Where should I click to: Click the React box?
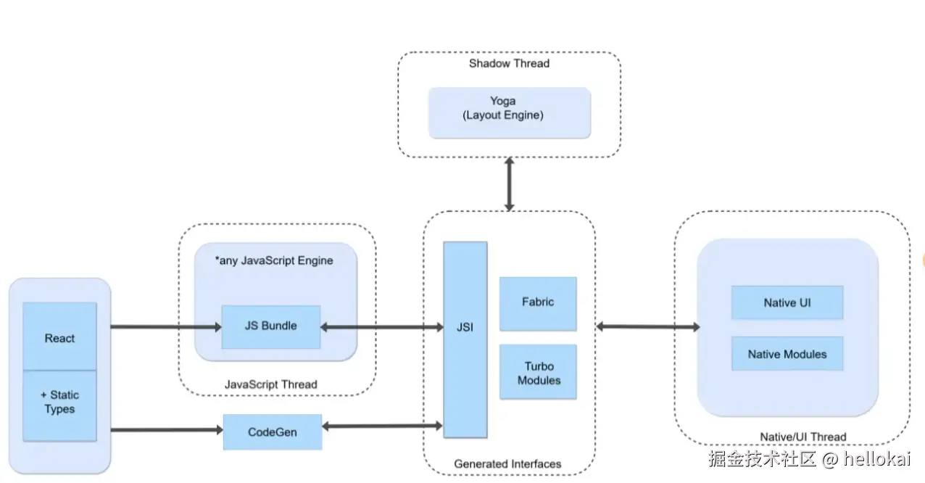point(59,337)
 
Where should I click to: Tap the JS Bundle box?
point(270,326)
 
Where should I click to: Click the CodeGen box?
point(272,432)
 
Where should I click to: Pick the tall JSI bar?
point(465,339)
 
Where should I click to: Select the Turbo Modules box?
point(538,372)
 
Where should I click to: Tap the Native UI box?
point(787,302)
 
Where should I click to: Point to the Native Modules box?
point(787,354)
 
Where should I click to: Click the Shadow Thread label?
point(509,63)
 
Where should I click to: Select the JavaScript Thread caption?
point(271,384)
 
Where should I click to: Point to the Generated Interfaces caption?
point(507,463)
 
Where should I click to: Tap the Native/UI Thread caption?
point(802,437)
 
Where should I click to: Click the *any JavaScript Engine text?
point(274,260)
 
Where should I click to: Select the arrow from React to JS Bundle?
point(165,327)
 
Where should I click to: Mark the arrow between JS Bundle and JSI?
point(381,328)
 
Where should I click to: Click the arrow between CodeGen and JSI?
point(381,426)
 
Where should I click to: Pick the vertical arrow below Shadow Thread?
point(509,184)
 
